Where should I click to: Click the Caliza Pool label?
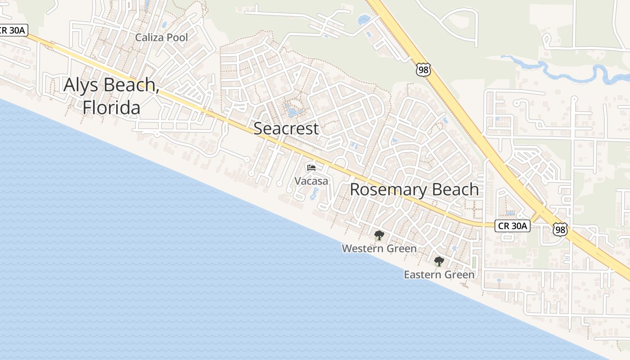[162, 38]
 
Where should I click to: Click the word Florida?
[111, 108]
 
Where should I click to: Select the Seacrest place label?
[286, 129]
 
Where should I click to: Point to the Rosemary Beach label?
[414, 189]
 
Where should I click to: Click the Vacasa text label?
[311, 181]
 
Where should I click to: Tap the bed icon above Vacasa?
[311, 168]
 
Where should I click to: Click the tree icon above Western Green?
[379, 235]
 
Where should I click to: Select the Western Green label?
[379, 248]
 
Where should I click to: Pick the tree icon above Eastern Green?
[439, 261]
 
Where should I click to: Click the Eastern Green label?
[439, 274]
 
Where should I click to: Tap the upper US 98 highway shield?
[423, 69]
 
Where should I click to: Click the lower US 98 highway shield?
[560, 229]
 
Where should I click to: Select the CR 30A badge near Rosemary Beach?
[512, 226]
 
